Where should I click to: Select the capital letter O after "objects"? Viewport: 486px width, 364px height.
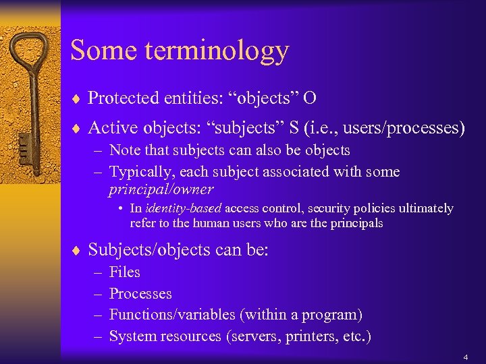coord(310,98)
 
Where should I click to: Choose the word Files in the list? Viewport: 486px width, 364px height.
coord(124,272)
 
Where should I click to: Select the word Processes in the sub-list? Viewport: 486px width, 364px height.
coord(140,294)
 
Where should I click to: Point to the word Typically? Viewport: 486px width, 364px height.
coord(139,172)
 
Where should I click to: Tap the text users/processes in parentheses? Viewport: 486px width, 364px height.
coord(405,127)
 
